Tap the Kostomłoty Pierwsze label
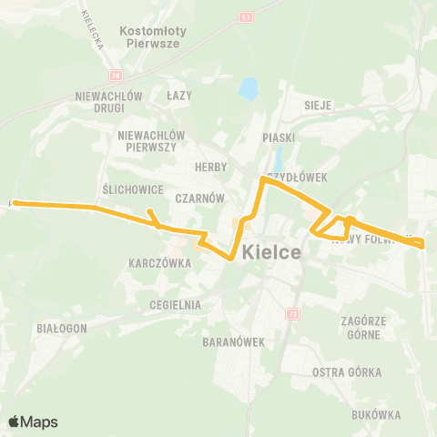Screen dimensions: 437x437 pos(153,36)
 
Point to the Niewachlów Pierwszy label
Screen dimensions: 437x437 pos(152,141)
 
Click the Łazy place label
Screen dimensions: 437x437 pos(179,94)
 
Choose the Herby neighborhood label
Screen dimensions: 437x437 pos(210,167)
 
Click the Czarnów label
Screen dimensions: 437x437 pos(201,196)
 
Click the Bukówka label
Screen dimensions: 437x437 pos(374,414)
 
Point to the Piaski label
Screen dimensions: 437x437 pos(275,137)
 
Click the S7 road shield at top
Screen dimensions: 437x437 pos(273,16)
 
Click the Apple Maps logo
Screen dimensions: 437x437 pos(33,422)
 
